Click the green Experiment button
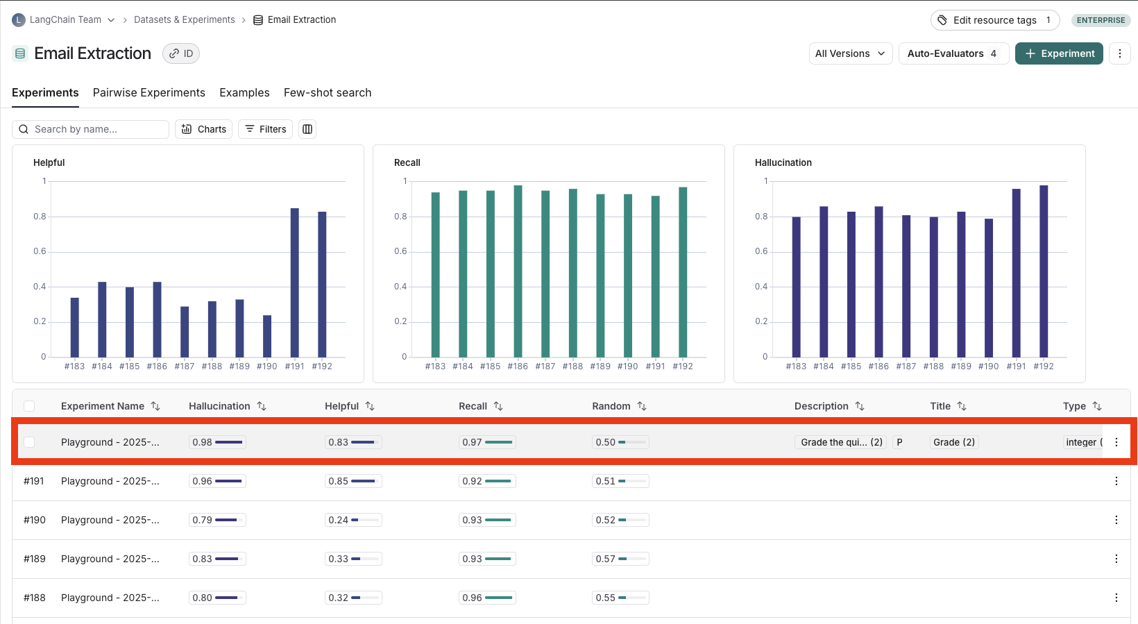coord(1059,53)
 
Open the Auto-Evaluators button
coord(953,53)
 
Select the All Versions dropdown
coord(850,53)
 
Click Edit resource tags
coord(994,20)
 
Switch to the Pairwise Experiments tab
coord(149,92)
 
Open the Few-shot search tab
coord(328,92)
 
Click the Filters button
coord(266,129)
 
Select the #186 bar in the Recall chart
coord(518,271)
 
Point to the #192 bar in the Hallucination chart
coord(1044,271)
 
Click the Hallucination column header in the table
coord(219,406)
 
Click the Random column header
coord(611,406)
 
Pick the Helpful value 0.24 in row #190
coord(339,520)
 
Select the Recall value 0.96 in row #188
coord(473,598)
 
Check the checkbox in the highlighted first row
coord(29,442)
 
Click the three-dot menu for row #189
coord(1116,559)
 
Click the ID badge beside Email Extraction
coord(181,53)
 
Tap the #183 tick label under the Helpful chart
coord(74,366)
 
